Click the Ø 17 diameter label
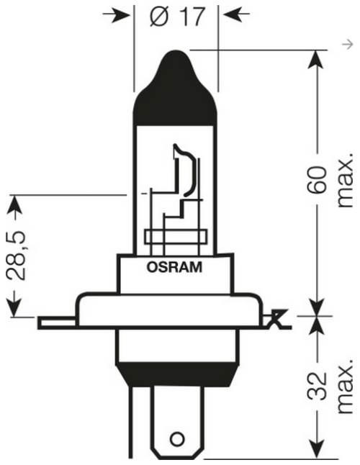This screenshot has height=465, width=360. click(x=178, y=17)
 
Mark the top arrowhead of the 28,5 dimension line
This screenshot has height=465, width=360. click(x=13, y=205)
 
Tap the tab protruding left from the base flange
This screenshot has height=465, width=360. click(x=58, y=322)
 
